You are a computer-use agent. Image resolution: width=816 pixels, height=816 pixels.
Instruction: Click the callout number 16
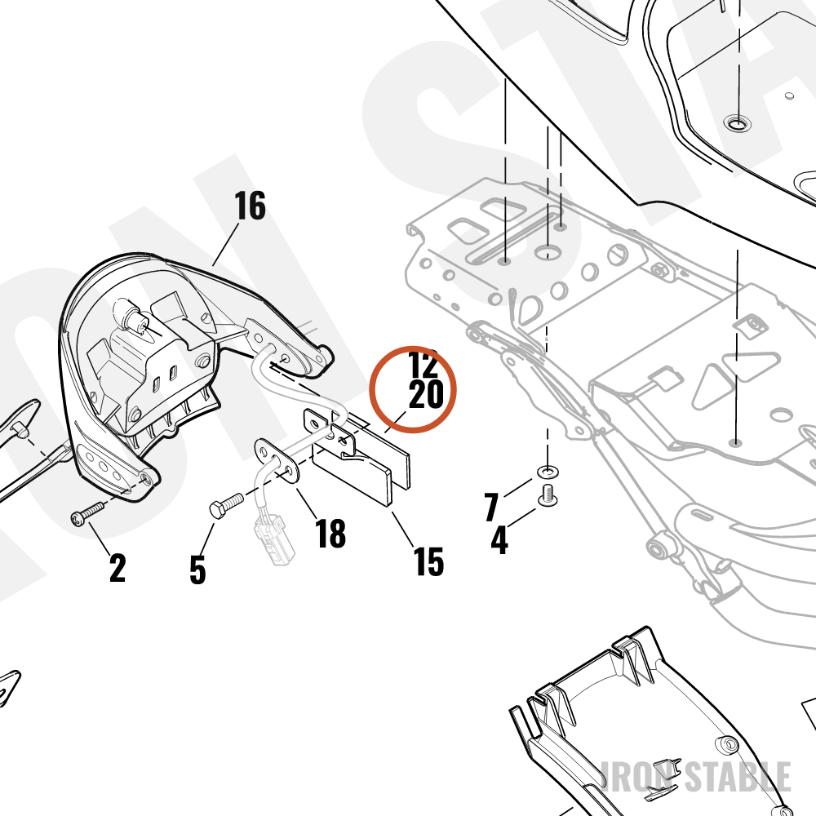(250, 206)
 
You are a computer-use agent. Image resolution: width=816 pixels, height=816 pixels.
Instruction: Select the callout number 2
(118, 568)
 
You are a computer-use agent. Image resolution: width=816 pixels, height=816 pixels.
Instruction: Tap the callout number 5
(197, 570)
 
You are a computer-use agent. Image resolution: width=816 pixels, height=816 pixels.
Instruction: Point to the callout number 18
(330, 534)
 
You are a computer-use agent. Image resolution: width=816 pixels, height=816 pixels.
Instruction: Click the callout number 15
(429, 561)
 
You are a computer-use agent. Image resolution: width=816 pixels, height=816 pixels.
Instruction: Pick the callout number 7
(491, 507)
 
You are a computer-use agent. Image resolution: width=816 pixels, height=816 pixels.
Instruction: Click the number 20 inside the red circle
(426, 394)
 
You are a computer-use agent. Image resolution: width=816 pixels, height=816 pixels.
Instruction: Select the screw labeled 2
(87, 513)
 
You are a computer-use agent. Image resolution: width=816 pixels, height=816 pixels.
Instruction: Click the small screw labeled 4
(547, 494)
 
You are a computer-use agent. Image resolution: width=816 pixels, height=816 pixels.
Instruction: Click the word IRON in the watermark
(638, 777)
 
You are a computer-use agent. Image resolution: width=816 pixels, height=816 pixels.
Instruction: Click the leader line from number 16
(225, 243)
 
